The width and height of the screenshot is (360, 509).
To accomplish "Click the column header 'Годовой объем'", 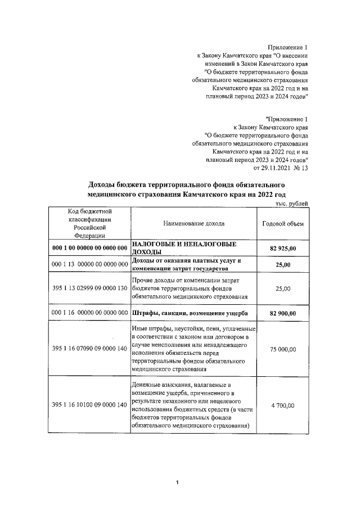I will tap(283, 224).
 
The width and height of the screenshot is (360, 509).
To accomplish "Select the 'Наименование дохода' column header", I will tap(193, 224).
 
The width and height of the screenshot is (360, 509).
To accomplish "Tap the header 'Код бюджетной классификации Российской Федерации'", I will tap(90, 223).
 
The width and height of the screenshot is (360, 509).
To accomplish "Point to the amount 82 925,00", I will tap(283, 248).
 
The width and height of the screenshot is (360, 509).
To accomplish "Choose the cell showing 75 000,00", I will tap(283, 349).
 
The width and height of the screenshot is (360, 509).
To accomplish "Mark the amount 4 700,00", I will tap(283, 406).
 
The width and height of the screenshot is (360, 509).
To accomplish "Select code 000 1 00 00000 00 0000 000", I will tap(90, 248).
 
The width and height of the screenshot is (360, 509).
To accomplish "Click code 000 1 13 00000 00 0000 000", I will tap(90, 264).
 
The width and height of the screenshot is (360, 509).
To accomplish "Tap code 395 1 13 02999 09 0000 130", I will tap(90, 289).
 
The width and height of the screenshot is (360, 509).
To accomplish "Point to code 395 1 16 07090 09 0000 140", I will tap(90, 349).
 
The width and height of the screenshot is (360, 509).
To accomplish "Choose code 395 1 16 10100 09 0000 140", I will tap(90, 406).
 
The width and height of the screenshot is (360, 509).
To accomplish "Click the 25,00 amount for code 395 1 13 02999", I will tap(283, 289).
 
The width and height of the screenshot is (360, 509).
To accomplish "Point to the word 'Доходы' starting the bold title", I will tap(103, 185).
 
